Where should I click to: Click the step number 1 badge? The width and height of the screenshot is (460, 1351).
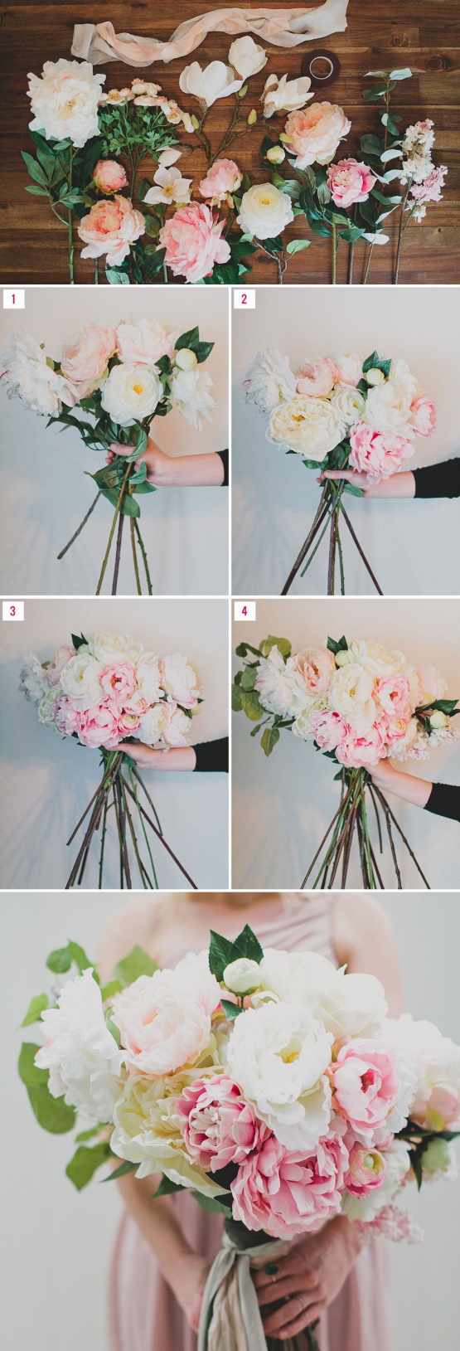click(13, 299)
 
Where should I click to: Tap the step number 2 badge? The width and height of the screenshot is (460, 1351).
click(245, 299)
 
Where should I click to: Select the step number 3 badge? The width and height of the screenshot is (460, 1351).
click(13, 610)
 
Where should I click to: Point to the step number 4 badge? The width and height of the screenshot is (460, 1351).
click(245, 610)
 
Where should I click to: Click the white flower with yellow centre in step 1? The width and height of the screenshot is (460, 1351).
click(132, 386)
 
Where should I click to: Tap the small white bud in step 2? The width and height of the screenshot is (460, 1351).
click(375, 377)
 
